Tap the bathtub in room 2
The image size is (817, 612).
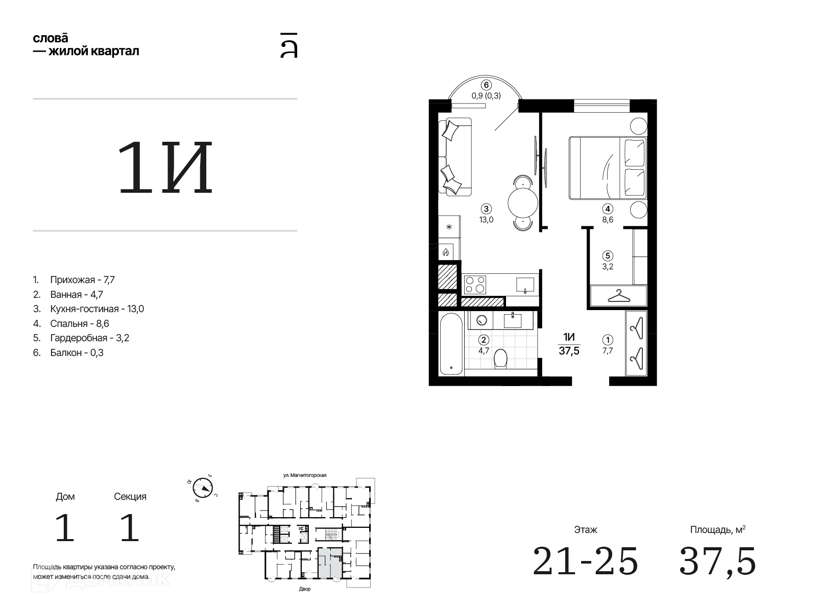click(451, 343)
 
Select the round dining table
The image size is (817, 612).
click(522, 203)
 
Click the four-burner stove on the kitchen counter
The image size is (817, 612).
click(475, 285)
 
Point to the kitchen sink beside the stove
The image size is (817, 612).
click(525, 285)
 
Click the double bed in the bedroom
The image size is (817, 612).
click(608, 168)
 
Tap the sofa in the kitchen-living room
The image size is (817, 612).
click(455, 157)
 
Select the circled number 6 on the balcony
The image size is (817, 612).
click(486, 85)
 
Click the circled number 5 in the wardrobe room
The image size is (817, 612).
click(608, 256)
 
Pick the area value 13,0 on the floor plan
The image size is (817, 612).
click(486, 220)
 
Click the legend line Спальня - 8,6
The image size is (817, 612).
click(80, 324)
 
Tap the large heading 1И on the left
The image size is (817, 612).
click(165, 168)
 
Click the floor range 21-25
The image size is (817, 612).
click(585, 560)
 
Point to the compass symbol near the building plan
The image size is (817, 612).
click(203, 488)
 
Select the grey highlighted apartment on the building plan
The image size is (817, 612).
click(330, 563)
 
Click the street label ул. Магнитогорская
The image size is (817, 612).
click(304, 475)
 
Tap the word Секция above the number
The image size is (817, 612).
click(130, 496)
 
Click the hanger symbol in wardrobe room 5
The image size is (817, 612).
click(618, 296)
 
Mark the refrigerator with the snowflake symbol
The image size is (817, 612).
click(449, 226)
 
